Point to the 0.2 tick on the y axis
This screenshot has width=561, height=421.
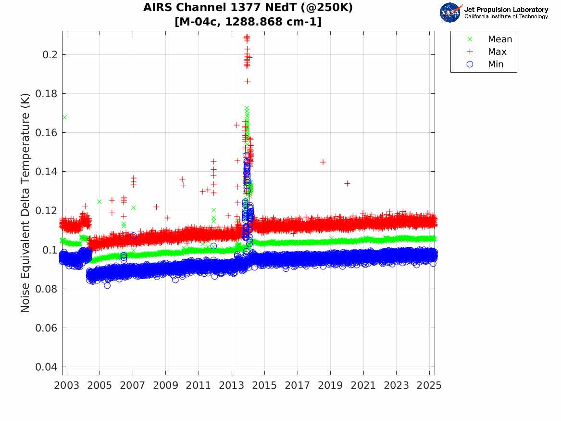pyautogui.click(x=50, y=55)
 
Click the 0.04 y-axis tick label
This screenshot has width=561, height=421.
pyautogui.click(x=47, y=367)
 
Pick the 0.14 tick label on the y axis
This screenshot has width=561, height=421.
pyautogui.click(x=47, y=172)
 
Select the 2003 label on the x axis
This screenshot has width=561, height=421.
pyautogui.click(x=66, y=385)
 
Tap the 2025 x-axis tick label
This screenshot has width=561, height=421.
pyautogui.click(x=429, y=385)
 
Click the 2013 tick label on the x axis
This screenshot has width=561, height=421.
pyautogui.click(x=232, y=385)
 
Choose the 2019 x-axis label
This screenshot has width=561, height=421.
pyautogui.click(x=330, y=385)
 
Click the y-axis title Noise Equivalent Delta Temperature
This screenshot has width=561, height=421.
pyautogui.click(x=25, y=203)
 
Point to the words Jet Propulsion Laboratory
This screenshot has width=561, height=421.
pyautogui.click(x=506, y=10)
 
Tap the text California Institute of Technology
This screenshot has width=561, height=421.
pyautogui.click(x=506, y=16)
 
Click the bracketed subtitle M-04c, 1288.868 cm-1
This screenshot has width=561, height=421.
pyautogui.click(x=248, y=22)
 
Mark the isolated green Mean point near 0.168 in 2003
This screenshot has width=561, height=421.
pyautogui.click(x=65, y=117)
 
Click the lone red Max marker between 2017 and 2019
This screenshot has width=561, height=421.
pyautogui.click(x=323, y=162)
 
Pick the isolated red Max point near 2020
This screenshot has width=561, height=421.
pyautogui.click(x=347, y=183)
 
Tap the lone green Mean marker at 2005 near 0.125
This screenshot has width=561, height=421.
pyautogui.click(x=100, y=202)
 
